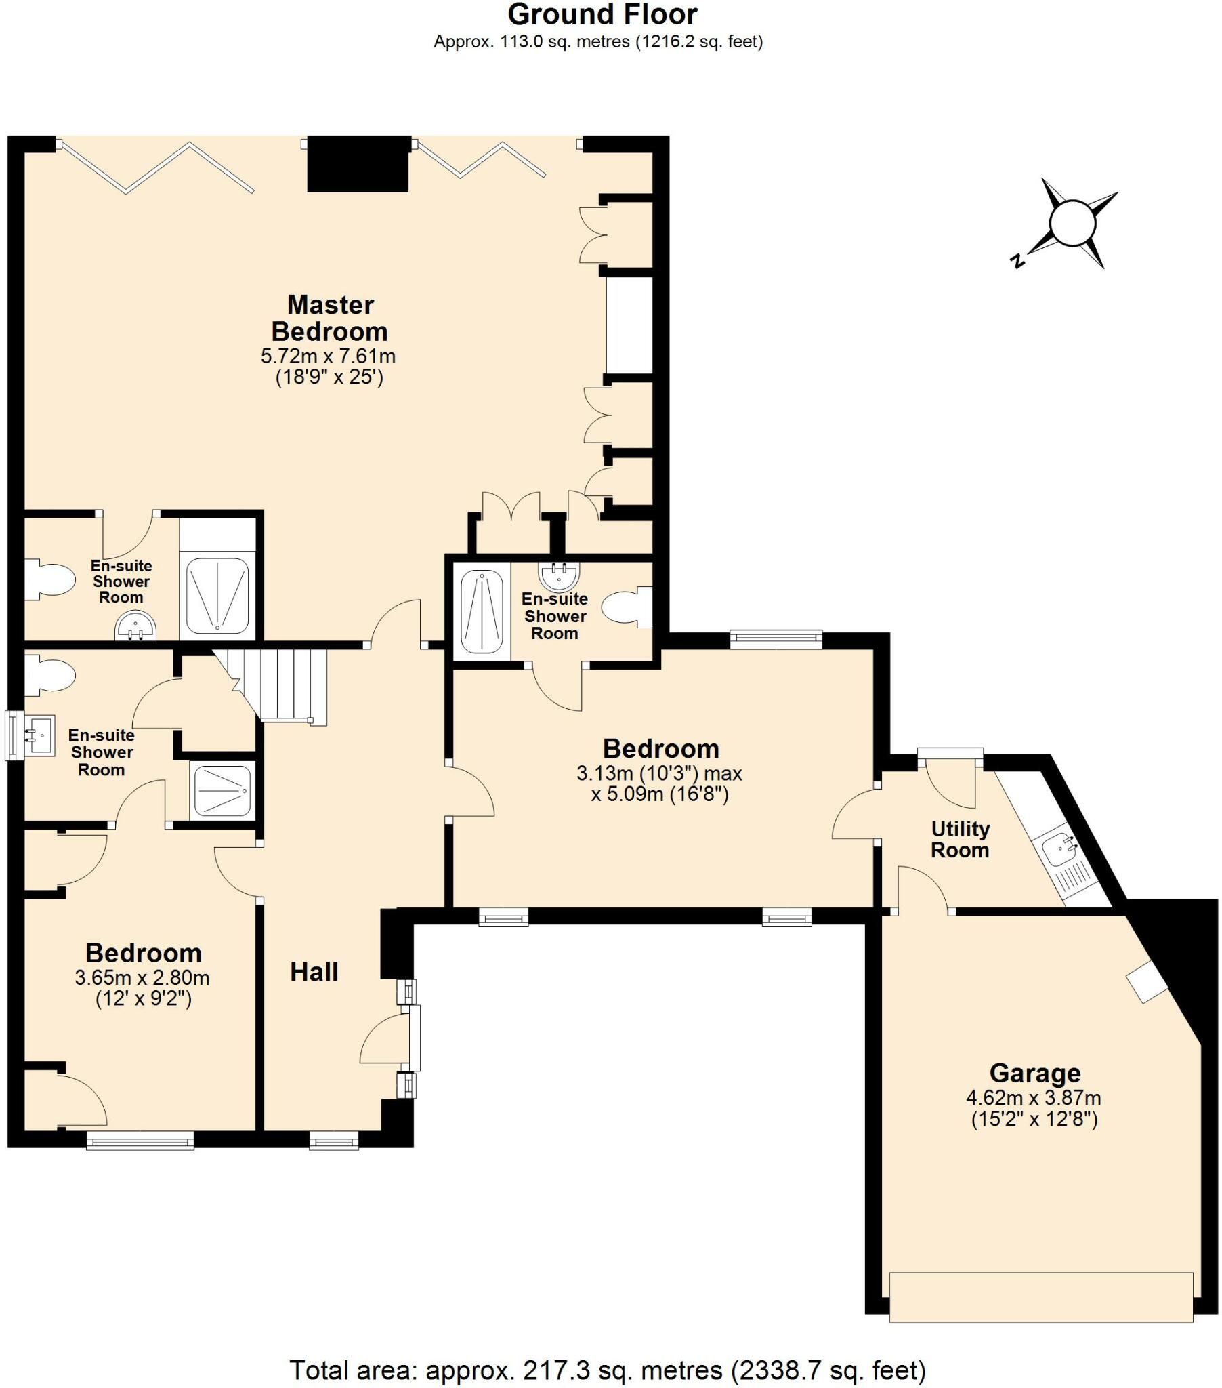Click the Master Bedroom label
point(329,318)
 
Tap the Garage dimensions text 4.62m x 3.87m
point(1032,1097)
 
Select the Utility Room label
point(959,839)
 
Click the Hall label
point(314,973)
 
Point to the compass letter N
point(1017,260)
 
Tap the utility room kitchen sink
point(1059,849)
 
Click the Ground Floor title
point(602,15)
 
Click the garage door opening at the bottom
point(1040,1297)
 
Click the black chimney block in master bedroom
point(358,164)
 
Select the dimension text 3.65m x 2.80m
point(142,978)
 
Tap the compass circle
point(1072,223)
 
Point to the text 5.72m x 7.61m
point(328,356)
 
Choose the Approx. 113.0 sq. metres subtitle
point(598,42)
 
